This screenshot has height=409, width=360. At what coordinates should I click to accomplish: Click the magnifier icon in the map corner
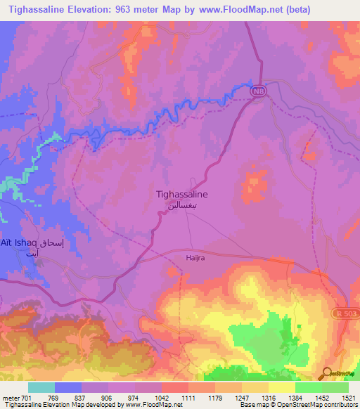[326, 372]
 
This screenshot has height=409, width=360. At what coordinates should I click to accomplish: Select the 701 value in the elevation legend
[27, 398]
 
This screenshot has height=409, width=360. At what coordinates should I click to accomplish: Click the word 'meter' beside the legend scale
[10, 398]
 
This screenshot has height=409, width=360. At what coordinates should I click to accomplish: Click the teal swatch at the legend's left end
[41, 387]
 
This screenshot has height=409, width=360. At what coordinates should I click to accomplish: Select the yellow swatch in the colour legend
[281, 387]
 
